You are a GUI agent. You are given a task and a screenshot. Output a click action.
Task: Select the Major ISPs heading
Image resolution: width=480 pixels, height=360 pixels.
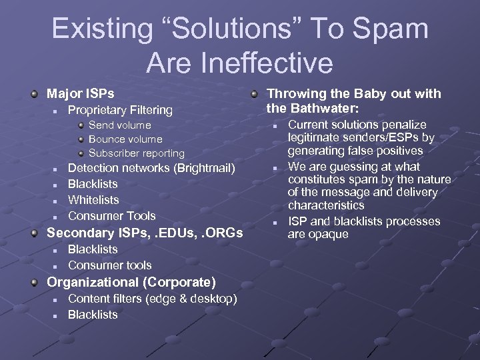tap(80, 92)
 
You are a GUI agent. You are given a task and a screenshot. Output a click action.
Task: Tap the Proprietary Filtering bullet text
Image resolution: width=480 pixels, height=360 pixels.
tap(120, 109)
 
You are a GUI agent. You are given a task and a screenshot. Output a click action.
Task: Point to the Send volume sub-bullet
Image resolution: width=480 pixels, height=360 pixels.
tap(120, 125)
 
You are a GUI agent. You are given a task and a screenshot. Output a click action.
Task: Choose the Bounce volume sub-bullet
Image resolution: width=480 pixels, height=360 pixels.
tap(125, 139)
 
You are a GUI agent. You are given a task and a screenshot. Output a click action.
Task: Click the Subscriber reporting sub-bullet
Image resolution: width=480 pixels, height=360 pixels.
tap(137, 153)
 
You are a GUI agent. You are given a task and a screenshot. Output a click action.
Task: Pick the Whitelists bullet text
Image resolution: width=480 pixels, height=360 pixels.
tap(93, 200)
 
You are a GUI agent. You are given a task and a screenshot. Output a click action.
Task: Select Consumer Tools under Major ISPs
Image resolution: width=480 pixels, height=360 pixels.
tap(112, 216)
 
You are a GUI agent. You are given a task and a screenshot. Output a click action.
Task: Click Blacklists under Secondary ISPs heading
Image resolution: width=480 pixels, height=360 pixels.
tap(93, 249)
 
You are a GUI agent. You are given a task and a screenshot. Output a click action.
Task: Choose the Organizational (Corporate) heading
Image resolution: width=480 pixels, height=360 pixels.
tap(131, 281)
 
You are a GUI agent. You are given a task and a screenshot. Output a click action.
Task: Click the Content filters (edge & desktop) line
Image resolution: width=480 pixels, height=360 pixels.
tap(152, 299)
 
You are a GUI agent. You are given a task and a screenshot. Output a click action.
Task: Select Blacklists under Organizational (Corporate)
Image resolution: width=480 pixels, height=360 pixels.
tap(93, 315)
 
